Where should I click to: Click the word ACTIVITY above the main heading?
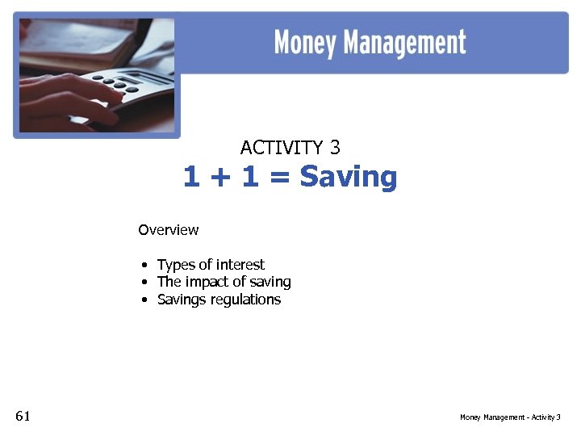[x=281, y=148]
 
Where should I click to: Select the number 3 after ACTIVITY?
[x=335, y=148]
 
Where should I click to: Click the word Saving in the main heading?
[x=349, y=177]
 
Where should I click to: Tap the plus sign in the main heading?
[x=216, y=178]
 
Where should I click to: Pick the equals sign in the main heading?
[x=279, y=178]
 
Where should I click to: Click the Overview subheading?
[x=168, y=230]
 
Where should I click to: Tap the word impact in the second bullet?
[x=207, y=283]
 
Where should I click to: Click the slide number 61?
[x=23, y=416]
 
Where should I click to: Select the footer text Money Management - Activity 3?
[x=510, y=417]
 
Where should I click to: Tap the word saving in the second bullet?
[x=270, y=283]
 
